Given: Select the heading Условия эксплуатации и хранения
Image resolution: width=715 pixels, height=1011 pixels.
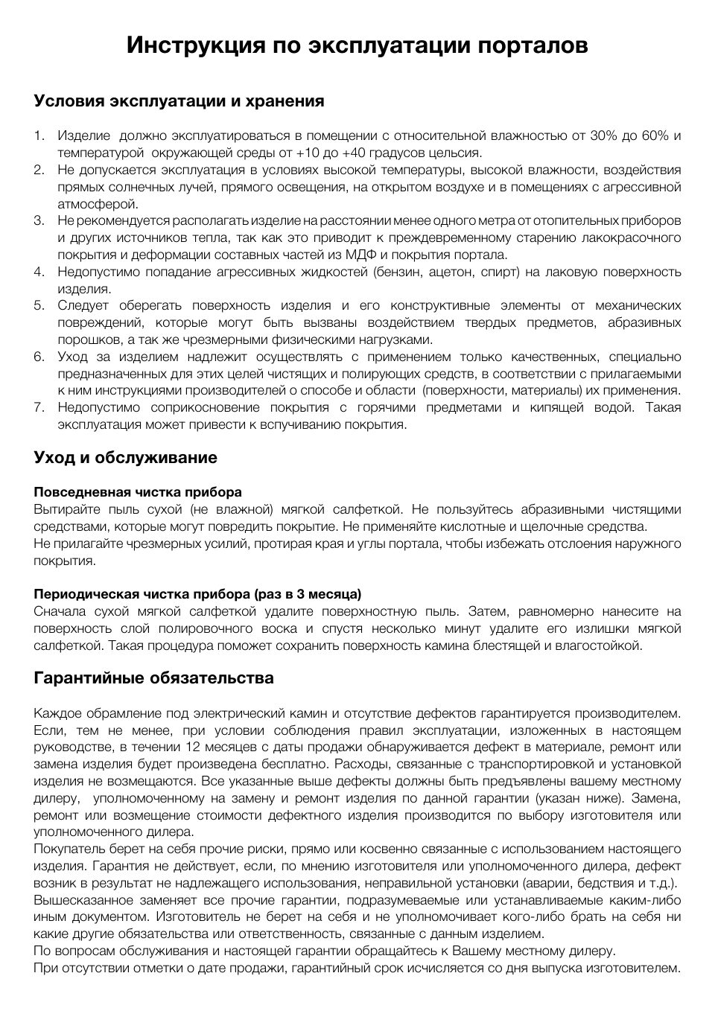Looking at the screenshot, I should pyautogui.click(x=179, y=101).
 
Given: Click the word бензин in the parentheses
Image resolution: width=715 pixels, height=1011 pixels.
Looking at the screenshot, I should pyautogui.click(x=399, y=272).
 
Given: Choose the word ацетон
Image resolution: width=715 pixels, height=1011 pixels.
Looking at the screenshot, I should pyautogui.click(x=451, y=272).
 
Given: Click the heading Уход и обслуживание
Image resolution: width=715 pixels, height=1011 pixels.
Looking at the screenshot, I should pyautogui.click(x=126, y=458).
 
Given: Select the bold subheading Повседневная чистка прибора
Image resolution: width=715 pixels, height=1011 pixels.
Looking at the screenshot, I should pyautogui.click(x=138, y=493).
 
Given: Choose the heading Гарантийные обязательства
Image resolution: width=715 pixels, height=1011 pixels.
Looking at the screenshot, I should pyautogui.click(x=153, y=678).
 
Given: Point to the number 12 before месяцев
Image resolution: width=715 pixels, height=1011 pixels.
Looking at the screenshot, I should pyautogui.click(x=192, y=747).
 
